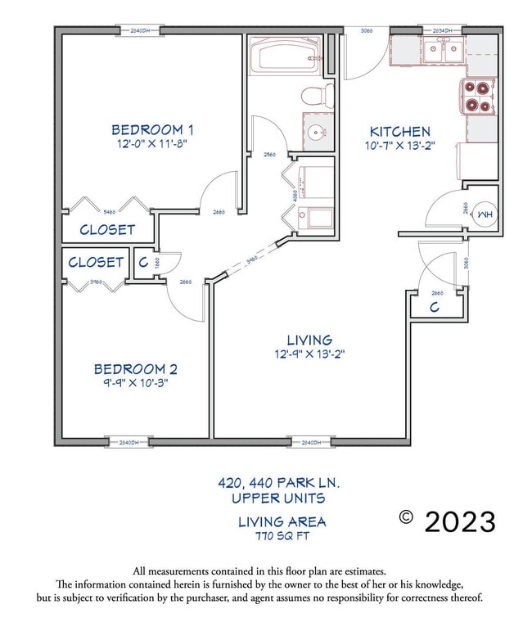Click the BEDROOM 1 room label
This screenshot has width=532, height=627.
click(152, 129)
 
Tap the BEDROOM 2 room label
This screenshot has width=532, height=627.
click(135, 369)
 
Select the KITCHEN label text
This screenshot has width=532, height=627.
click(400, 132)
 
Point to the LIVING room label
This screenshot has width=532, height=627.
click(309, 340)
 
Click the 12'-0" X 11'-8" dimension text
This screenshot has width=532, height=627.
click(152, 144)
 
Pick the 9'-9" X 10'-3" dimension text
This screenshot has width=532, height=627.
click(135, 382)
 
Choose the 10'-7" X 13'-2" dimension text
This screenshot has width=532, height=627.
click(400, 146)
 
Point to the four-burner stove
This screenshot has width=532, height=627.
click(479, 96)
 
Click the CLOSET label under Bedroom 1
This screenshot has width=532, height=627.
click(107, 230)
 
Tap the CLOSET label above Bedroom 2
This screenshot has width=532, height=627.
click(96, 263)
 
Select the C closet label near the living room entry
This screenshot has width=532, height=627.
click(435, 307)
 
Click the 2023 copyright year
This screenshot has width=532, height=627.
click(459, 521)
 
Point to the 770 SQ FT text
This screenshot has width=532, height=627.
click(282, 536)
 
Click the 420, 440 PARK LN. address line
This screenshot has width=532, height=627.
click(278, 484)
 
